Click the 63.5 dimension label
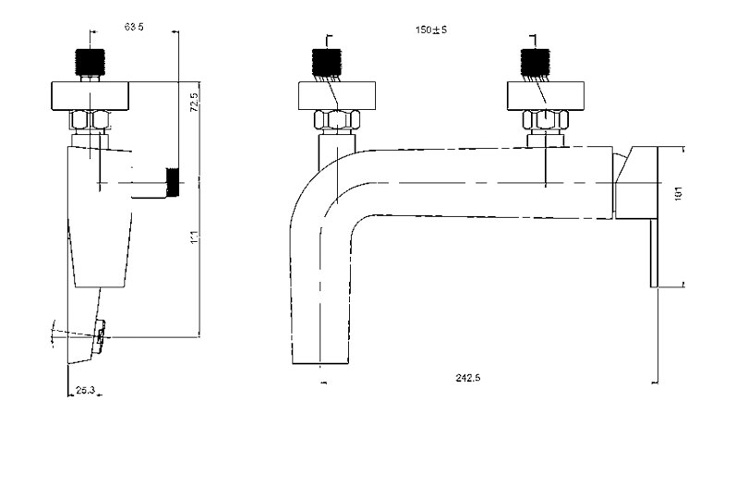[134, 28]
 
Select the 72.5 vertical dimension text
[195, 101]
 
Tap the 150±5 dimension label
[431, 30]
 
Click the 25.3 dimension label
[85, 392]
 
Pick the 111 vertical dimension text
[195, 237]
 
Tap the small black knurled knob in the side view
[172, 182]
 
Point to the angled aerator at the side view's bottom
[99, 333]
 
